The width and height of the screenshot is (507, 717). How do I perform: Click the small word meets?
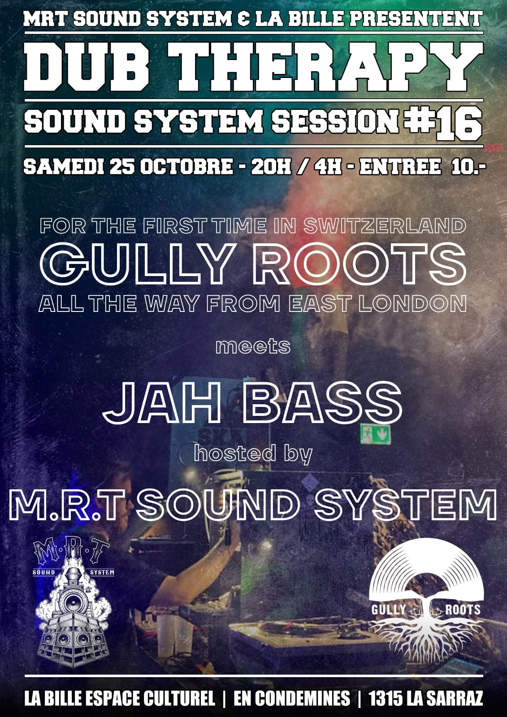pos(253,346)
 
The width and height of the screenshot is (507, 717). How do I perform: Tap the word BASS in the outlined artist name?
pos(320,403)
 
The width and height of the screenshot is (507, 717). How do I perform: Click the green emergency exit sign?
pos(375,434)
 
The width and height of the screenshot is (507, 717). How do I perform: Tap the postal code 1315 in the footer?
pos(384,699)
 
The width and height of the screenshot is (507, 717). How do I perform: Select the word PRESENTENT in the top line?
pos(416,19)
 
